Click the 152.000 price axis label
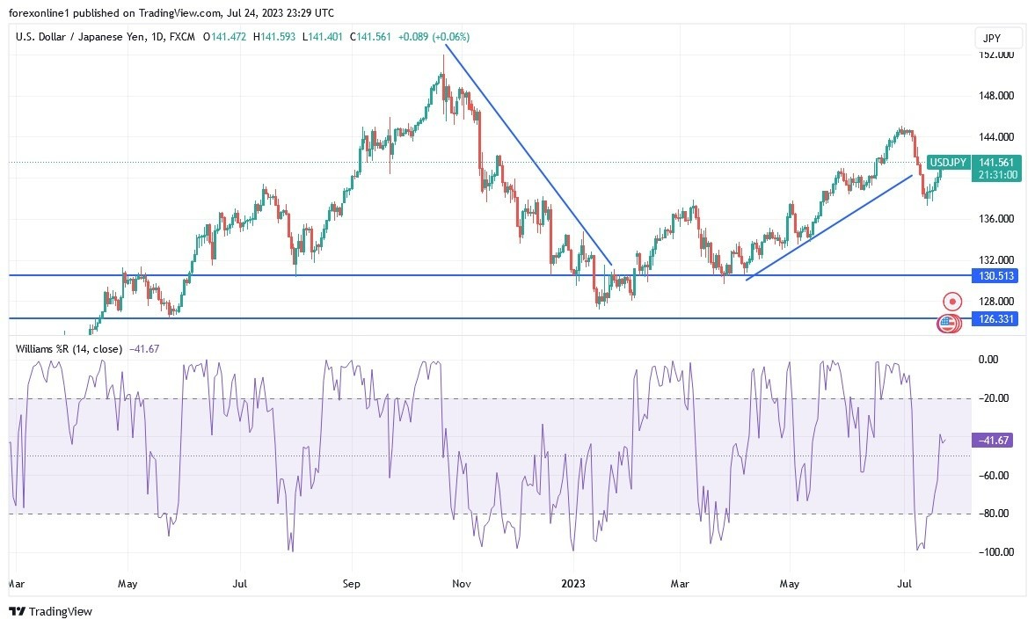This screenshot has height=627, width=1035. pyautogui.click(x=996, y=55)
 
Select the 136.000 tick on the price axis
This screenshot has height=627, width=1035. pyautogui.click(x=996, y=219)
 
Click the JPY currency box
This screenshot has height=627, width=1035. pyautogui.click(x=999, y=38)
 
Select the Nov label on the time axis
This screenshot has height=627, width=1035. pyautogui.click(x=459, y=583)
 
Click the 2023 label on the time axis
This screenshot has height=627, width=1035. pyautogui.click(x=572, y=583)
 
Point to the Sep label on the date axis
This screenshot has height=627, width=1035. pyautogui.click(x=351, y=583)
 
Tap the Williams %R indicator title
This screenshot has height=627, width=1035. pyautogui.click(x=69, y=348)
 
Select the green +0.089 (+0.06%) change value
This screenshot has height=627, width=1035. pyautogui.click(x=434, y=37)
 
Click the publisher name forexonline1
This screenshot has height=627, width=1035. pyautogui.click(x=41, y=12)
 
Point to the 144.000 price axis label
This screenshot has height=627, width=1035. pyautogui.click(x=996, y=137)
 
